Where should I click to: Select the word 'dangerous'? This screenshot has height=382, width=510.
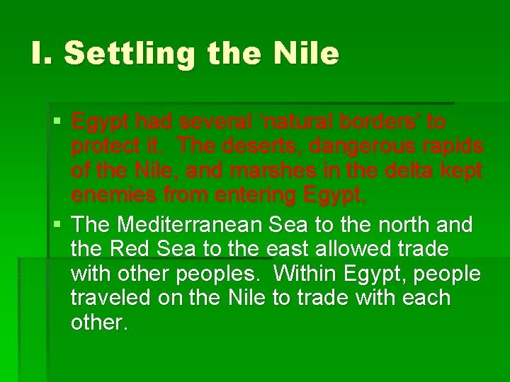(361, 146)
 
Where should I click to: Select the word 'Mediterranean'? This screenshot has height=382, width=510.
(191, 225)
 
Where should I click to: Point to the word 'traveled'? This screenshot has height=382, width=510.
(110, 298)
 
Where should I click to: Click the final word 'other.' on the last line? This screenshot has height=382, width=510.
(99, 322)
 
